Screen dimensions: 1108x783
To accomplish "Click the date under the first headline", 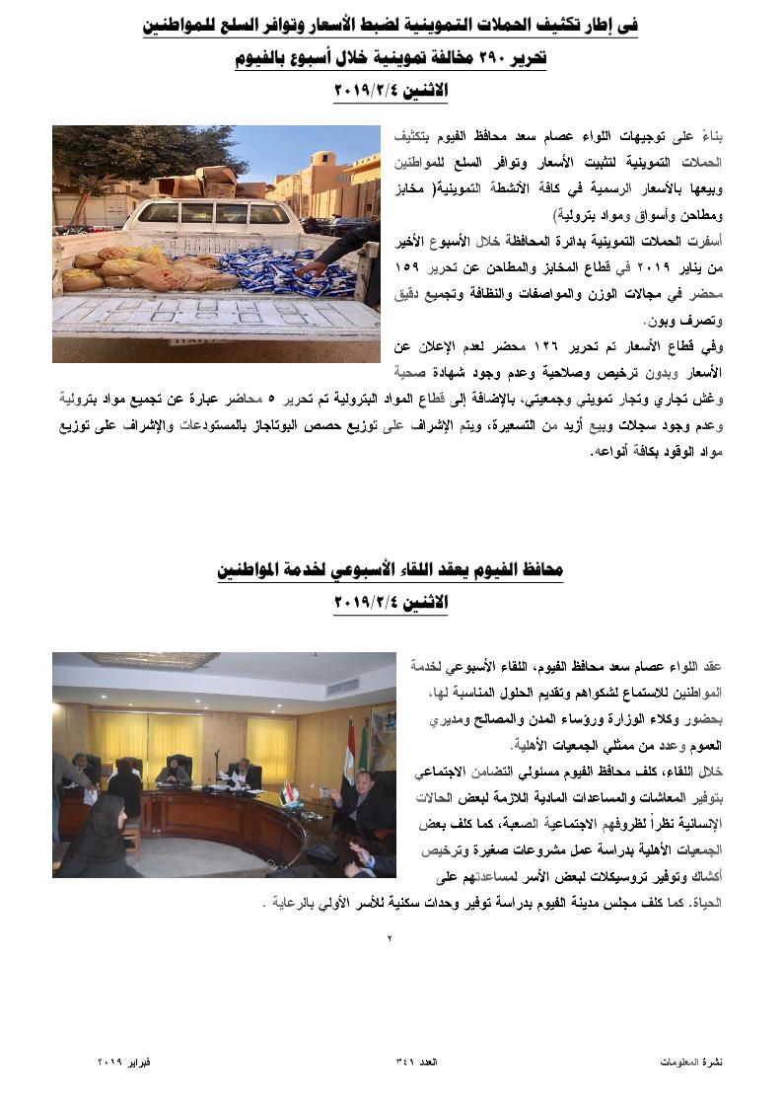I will pos(391,92).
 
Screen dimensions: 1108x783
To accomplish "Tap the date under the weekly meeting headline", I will pos(391,602).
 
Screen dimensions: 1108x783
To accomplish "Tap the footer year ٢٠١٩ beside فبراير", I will pos(110,1062).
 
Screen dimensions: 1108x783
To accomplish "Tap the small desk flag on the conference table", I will pos(288,792).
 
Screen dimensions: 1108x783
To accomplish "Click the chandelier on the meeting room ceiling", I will pos(150,660).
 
